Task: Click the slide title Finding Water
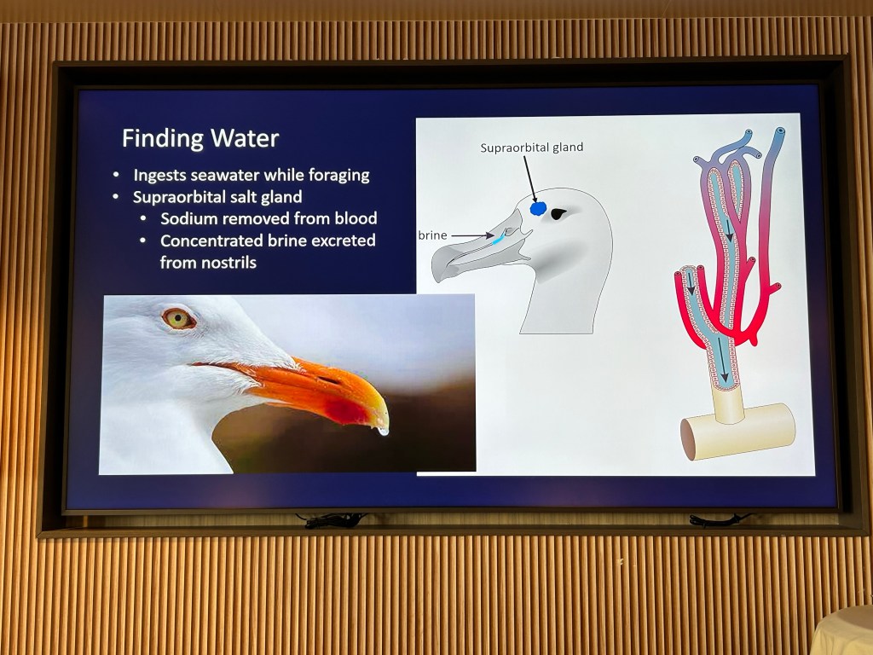(x=200, y=139)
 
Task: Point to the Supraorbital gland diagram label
(x=532, y=148)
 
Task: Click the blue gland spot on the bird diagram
(x=539, y=208)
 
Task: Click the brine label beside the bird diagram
(x=432, y=235)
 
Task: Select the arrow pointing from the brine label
(x=472, y=235)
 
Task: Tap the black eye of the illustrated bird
(x=558, y=214)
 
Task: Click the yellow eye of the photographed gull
(x=178, y=319)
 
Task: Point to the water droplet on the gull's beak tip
(x=383, y=431)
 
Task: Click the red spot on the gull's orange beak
(x=346, y=410)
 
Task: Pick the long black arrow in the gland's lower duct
(x=722, y=361)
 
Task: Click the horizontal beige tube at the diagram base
(x=737, y=432)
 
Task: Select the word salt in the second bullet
(x=248, y=197)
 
